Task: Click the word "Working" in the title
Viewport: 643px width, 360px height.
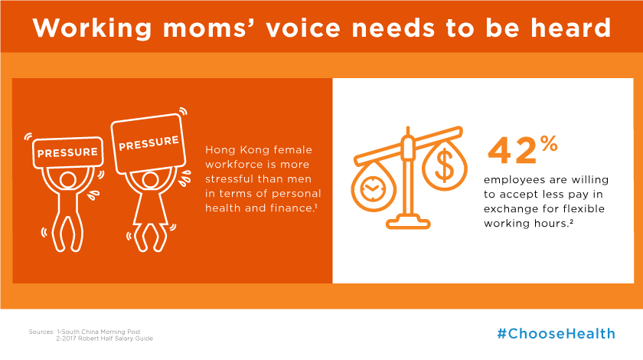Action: click(x=93, y=29)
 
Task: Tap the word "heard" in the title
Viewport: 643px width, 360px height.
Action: click(x=570, y=28)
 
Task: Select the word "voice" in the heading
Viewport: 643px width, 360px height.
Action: click(x=303, y=28)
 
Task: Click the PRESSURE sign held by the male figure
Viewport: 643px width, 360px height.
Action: click(x=67, y=152)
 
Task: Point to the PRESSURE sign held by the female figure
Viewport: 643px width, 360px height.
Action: click(x=149, y=144)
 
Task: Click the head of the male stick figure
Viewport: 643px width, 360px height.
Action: click(x=67, y=180)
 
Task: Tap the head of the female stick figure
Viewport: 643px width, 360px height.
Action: click(x=150, y=180)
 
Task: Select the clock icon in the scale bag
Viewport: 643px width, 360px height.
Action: click(x=373, y=189)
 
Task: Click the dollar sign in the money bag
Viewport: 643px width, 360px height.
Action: click(x=444, y=166)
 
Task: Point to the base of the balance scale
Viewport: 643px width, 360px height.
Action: click(x=408, y=224)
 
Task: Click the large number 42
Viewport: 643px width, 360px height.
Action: click(x=512, y=151)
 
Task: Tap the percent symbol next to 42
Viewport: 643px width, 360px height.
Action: click(x=549, y=144)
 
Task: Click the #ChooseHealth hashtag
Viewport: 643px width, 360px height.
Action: click(x=556, y=333)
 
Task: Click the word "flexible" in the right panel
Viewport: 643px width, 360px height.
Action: click(x=583, y=208)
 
